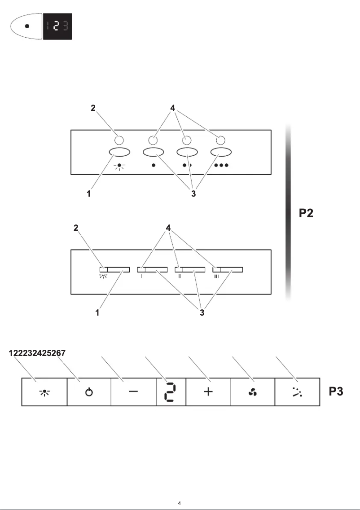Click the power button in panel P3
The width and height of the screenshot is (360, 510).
[x=89, y=392]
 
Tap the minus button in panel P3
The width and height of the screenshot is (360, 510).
[x=133, y=392]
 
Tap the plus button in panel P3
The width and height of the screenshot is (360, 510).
[x=208, y=392]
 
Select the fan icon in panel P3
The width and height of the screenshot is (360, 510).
[x=252, y=392]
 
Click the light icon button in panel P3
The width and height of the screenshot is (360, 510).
[x=45, y=392]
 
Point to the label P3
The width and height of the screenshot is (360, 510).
[x=336, y=391]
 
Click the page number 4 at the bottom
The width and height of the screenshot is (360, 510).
[x=180, y=503]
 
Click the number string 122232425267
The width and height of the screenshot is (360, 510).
[x=38, y=353]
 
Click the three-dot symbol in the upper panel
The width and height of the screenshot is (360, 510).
[x=221, y=165]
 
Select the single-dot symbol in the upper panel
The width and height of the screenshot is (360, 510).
[x=154, y=165]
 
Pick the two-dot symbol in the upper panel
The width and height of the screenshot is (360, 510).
[x=187, y=165]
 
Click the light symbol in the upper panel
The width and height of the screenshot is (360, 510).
[x=119, y=165]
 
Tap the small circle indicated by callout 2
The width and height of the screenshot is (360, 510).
[x=119, y=139]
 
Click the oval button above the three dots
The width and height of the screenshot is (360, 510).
[x=221, y=152]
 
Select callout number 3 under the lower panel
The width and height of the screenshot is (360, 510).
[x=202, y=313]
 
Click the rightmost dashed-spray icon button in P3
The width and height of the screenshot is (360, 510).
[x=297, y=392]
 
